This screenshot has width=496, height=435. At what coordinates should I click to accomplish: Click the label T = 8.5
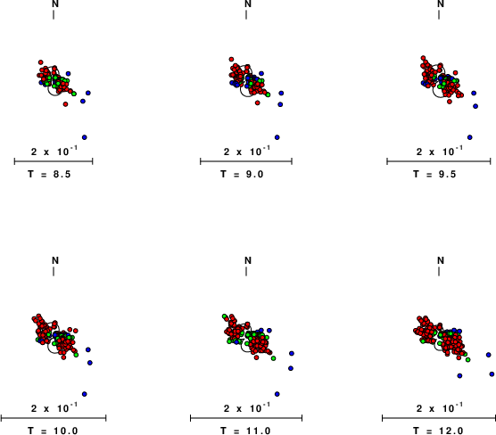pyautogui.click(x=49, y=174)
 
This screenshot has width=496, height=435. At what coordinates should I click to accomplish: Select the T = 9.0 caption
pyautogui.click(x=242, y=174)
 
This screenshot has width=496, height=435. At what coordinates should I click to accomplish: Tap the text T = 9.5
pyautogui.click(x=434, y=174)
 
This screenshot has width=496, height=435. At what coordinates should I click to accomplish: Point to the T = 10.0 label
pyautogui.click(x=53, y=431)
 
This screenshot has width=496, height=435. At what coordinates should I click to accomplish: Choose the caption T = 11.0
pyautogui.click(x=245, y=431)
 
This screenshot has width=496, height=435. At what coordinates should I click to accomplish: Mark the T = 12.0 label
pyautogui.click(x=438, y=431)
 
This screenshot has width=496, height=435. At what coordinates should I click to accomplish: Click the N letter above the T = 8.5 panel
pyautogui.click(x=55, y=4)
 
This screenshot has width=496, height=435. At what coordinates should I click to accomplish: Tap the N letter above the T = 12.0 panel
pyautogui.click(x=441, y=260)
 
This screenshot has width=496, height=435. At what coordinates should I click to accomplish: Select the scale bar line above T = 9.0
pyautogui.click(x=246, y=161)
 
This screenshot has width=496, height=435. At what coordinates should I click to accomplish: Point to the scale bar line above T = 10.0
pyautogui.click(x=54, y=418)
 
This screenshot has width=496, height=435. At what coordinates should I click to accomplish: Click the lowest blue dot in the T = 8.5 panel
pyautogui.click(x=85, y=137)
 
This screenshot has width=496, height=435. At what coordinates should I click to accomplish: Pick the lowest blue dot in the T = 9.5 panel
pyautogui.click(x=470, y=137)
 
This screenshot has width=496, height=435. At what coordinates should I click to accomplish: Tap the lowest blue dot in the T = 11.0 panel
pyautogui.click(x=277, y=394)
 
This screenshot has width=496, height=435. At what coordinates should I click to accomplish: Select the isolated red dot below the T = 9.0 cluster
pyautogui.click(x=258, y=103)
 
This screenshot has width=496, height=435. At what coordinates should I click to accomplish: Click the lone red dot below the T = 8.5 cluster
pyautogui.click(x=65, y=104)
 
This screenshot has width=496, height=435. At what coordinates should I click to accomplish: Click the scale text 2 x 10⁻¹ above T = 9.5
pyautogui.click(x=440, y=152)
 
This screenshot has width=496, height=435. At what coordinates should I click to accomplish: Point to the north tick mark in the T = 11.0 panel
pyautogui.click(x=246, y=271)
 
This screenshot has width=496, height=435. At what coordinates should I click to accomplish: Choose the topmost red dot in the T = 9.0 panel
pyautogui.click(x=231, y=59)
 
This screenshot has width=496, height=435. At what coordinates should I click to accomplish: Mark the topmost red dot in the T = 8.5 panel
pyautogui.click(x=40, y=62)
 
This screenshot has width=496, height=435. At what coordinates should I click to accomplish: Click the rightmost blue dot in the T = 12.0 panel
pyautogui.click(x=492, y=374)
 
